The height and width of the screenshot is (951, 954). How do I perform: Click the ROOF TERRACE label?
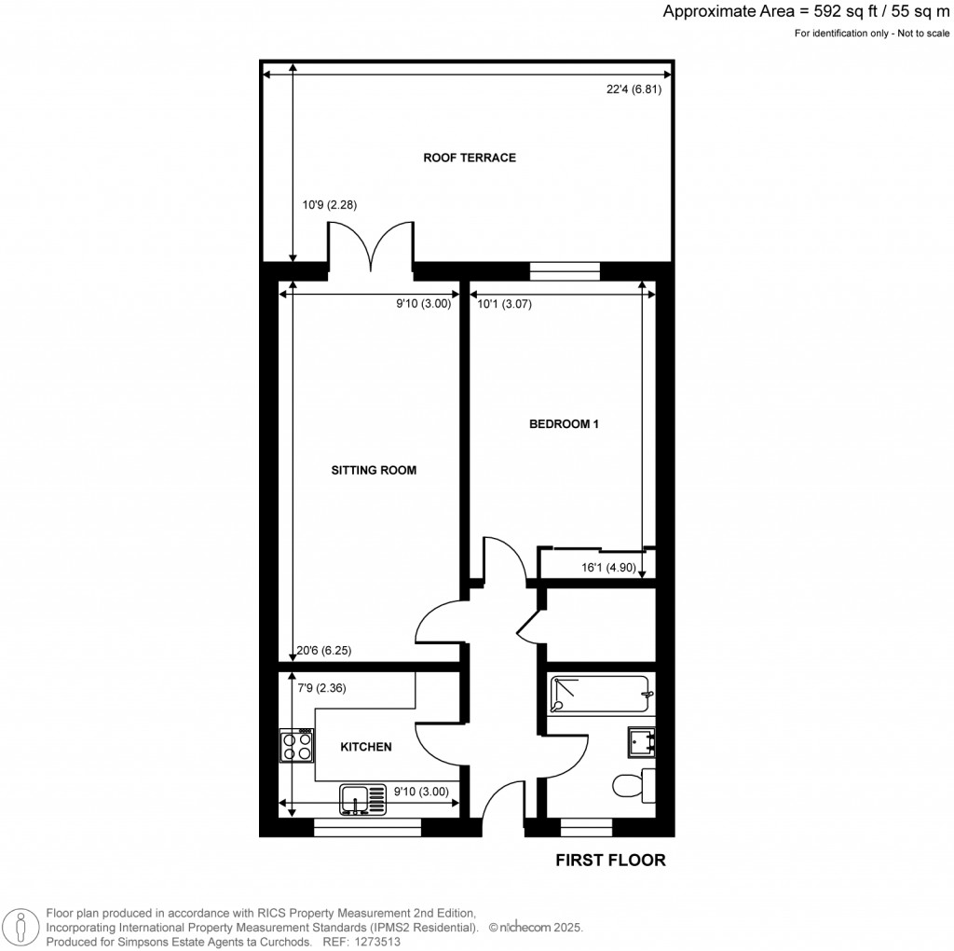tap(470, 158)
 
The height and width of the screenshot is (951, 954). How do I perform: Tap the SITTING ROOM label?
tap(374, 471)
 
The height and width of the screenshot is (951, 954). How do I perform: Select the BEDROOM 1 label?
tap(564, 424)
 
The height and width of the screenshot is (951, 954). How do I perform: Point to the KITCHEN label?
tap(365, 747)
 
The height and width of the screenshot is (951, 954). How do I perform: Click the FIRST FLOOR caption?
tap(610, 861)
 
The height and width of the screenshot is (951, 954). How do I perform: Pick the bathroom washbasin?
tap(642, 740)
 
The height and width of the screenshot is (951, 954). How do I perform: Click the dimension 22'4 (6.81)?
tap(639, 90)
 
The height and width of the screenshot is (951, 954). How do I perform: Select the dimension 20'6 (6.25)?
tap(324, 651)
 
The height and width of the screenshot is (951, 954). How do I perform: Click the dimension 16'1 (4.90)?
tap(606, 568)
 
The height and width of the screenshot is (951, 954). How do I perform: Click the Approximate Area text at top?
tap(807, 12)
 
